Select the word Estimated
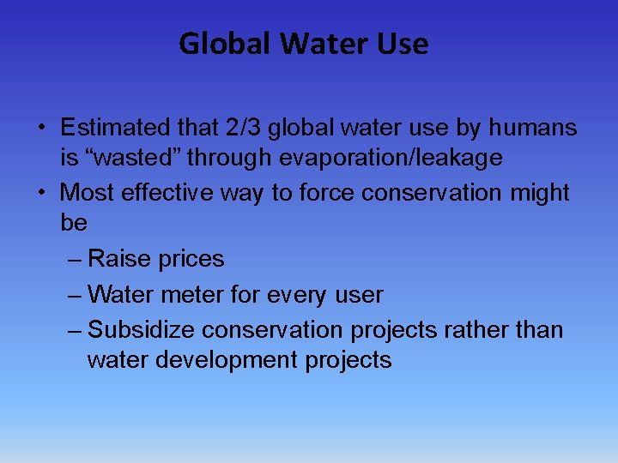click(x=118, y=129)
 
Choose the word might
click(x=540, y=193)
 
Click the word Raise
click(x=117, y=259)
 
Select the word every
click(x=291, y=295)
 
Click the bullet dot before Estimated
click(x=41, y=129)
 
